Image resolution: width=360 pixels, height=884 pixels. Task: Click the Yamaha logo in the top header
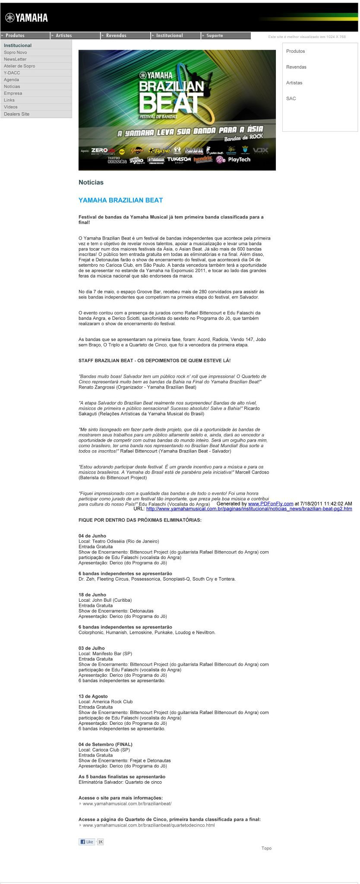(x=26, y=18)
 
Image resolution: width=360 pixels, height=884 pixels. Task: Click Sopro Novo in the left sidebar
(x=16, y=53)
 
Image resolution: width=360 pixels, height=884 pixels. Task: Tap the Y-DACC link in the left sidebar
(x=12, y=73)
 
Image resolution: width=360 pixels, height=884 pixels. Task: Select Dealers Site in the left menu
(x=17, y=114)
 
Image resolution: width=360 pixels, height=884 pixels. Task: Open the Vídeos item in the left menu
(x=11, y=107)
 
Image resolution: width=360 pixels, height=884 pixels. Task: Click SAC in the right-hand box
(x=291, y=99)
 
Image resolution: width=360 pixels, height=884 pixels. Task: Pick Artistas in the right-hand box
(x=294, y=83)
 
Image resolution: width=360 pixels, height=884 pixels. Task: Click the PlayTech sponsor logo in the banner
(x=239, y=160)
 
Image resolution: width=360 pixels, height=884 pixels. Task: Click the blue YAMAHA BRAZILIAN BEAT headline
(x=120, y=200)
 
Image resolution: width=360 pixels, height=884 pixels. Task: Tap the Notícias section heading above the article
(x=91, y=183)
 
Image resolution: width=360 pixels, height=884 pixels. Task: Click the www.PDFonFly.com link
(x=271, y=504)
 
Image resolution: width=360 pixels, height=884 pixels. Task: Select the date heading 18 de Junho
(x=92, y=595)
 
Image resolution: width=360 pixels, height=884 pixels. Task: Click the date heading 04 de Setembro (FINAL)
(x=105, y=745)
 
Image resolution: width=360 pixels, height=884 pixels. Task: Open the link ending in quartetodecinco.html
(x=148, y=825)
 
